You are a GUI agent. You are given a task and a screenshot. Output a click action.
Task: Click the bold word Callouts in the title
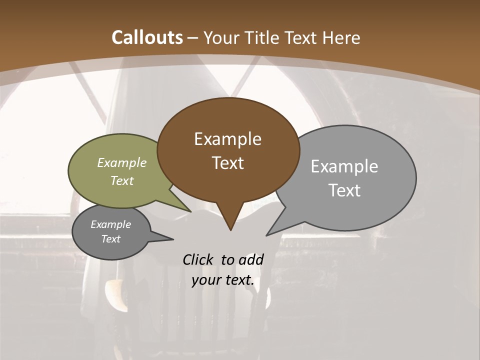click(x=147, y=37)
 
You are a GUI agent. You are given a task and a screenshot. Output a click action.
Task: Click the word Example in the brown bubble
click(x=227, y=139)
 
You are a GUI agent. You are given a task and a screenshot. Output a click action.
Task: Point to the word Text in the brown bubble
click(x=227, y=163)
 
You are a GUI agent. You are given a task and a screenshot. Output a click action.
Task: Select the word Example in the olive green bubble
click(x=122, y=162)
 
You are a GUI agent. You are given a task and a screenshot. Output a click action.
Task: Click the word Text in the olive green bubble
click(x=122, y=180)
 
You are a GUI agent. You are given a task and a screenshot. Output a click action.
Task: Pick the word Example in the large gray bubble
click(x=344, y=166)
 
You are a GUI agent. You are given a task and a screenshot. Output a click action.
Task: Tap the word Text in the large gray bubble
click(x=344, y=190)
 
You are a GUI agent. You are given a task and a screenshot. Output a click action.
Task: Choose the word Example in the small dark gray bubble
click(x=111, y=224)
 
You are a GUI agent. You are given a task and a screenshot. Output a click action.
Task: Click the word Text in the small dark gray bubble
click(x=111, y=239)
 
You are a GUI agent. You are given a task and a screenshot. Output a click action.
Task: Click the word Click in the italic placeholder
click(x=198, y=259)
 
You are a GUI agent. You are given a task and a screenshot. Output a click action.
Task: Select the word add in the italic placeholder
click(x=251, y=259)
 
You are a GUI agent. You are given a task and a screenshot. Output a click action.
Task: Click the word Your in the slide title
click(x=220, y=37)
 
